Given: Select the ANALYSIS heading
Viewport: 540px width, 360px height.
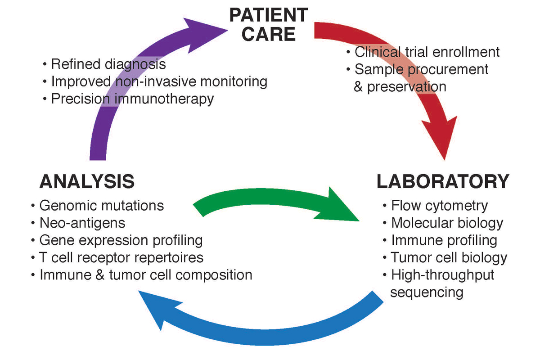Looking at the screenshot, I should pos(87,181).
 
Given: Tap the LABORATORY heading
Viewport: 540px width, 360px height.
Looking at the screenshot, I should pos(443,181).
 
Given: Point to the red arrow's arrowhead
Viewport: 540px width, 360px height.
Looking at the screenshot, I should pos(443,142).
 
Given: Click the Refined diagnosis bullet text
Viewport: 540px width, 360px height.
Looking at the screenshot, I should pos(108,64).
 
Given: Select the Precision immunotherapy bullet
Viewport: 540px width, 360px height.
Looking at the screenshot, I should pos(132,99).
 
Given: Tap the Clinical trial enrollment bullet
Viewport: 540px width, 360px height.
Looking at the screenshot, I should pos(427,52).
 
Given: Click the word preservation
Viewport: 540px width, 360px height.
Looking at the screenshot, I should pos(407,86).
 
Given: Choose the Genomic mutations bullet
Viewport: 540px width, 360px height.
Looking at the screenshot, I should pos(102,206).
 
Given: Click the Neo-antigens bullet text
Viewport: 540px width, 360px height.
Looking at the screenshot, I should pos(82,223).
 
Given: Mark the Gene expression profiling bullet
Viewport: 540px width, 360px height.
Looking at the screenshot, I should pos(121,240).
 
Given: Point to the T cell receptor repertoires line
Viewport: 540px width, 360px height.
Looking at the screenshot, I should pos(121,257).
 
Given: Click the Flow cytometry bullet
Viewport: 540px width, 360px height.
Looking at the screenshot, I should pos(439,206).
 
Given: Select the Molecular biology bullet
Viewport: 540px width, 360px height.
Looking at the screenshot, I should pos(447,223).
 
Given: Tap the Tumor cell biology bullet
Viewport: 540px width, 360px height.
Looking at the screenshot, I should pos(449,257).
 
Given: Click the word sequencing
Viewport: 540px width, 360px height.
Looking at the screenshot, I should pos(427,292).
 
